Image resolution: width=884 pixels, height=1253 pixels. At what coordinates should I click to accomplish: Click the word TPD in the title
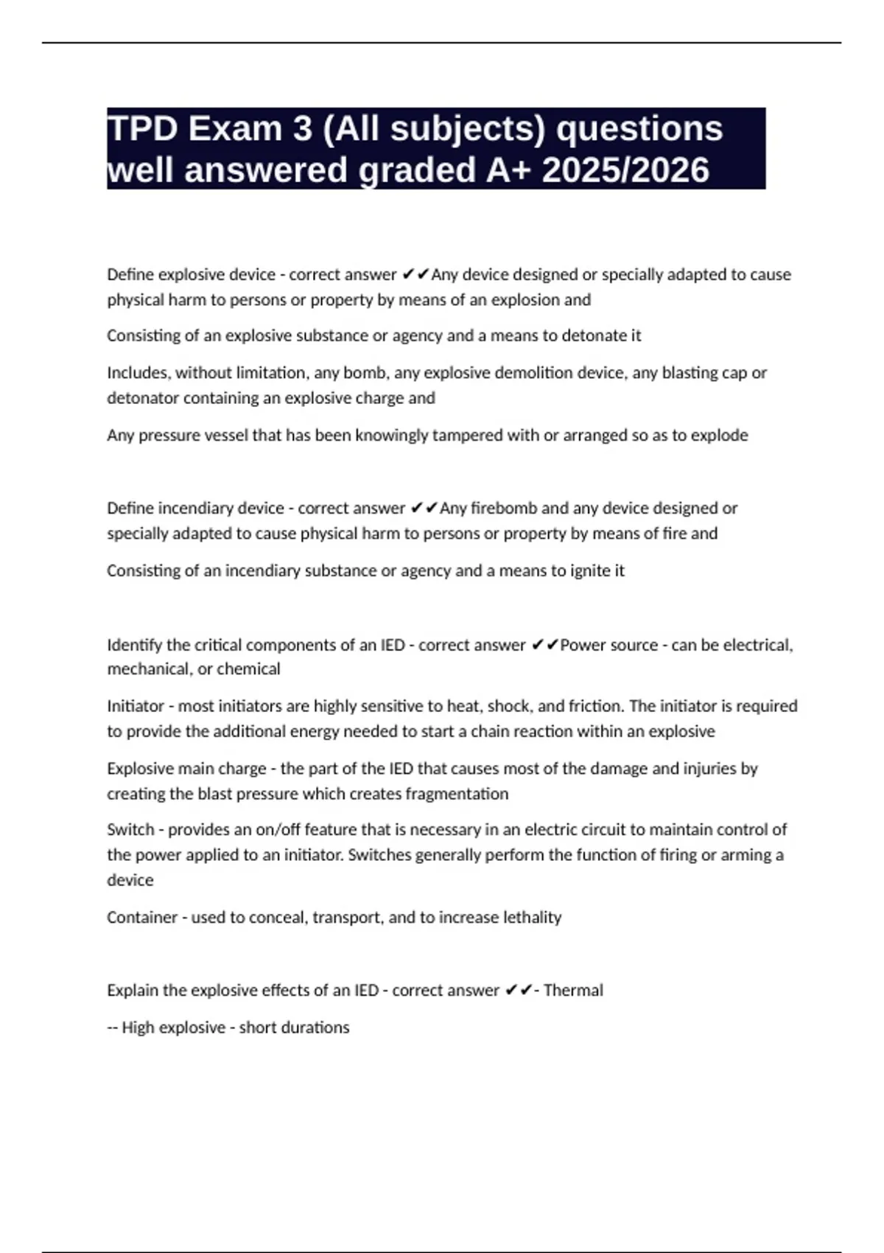[142, 129]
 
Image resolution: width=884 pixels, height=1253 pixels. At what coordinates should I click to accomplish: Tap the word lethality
[532, 918]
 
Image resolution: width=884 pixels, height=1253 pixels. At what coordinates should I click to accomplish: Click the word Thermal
[573, 991]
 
